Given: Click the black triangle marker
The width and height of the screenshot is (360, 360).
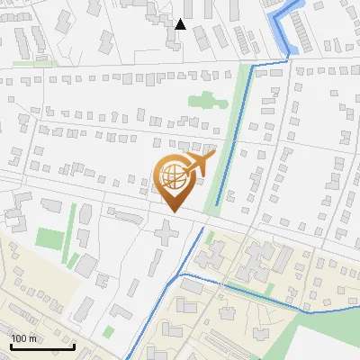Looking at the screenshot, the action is point(181,23).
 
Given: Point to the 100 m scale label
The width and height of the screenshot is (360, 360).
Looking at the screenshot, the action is point(24,338).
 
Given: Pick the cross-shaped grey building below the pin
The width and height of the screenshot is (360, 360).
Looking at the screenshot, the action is point(166,234).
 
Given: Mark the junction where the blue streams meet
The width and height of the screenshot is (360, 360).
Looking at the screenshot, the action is point(180,274).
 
